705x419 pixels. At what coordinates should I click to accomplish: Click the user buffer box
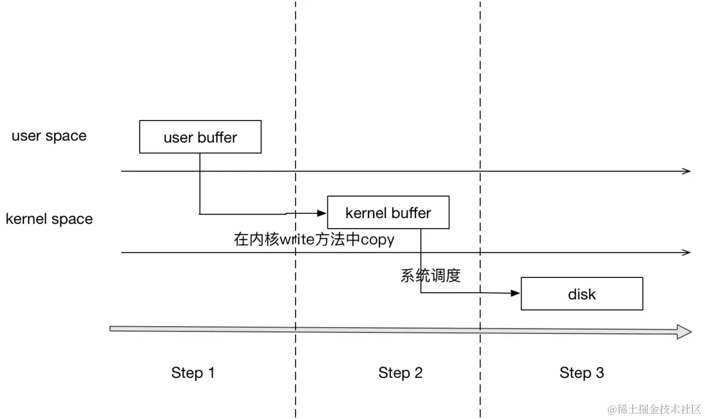(x=200, y=137)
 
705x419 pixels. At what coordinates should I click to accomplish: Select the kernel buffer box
(x=388, y=212)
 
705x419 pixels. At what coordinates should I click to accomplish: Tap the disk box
(x=582, y=294)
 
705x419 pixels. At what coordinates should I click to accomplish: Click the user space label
(x=49, y=136)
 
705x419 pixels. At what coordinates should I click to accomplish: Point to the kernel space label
(x=49, y=219)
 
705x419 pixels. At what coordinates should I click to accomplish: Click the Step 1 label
(x=193, y=373)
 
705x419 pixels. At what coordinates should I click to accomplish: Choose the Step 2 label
(x=400, y=373)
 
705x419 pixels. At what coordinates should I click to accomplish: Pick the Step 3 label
(x=581, y=373)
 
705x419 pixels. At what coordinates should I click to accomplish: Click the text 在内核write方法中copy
(x=314, y=240)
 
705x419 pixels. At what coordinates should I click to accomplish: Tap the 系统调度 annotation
(x=430, y=276)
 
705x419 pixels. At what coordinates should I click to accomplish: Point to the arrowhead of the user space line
(x=687, y=171)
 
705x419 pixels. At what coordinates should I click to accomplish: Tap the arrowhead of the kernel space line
(x=687, y=253)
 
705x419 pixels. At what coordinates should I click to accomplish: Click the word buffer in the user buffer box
(x=217, y=138)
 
